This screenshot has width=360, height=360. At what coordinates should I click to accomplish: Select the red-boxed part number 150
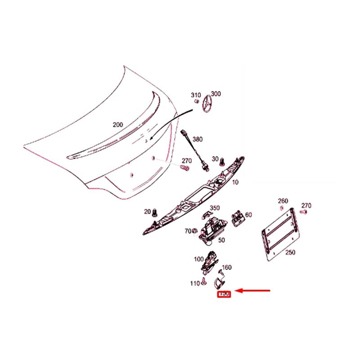click(224, 294)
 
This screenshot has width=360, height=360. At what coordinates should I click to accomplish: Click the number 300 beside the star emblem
click(216, 94)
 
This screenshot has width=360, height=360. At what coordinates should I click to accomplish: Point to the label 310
click(196, 95)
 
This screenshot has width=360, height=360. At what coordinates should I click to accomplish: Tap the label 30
click(215, 159)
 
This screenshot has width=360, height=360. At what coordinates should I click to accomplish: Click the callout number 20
click(147, 211)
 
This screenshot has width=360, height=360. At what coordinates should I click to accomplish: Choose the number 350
click(215, 208)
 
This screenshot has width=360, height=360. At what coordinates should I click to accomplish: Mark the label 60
click(248, 215)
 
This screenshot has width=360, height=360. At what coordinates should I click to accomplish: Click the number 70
click(188, 231)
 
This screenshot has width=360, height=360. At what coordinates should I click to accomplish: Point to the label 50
click(221, 240)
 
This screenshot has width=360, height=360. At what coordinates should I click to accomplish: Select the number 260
click(283, 201)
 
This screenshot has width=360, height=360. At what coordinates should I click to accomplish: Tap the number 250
click(290, 252)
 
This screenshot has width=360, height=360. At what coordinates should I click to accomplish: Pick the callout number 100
click(198, 259)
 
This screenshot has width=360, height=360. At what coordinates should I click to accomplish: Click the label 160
click(227, 267)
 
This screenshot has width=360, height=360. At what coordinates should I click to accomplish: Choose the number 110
click(194, 283)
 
